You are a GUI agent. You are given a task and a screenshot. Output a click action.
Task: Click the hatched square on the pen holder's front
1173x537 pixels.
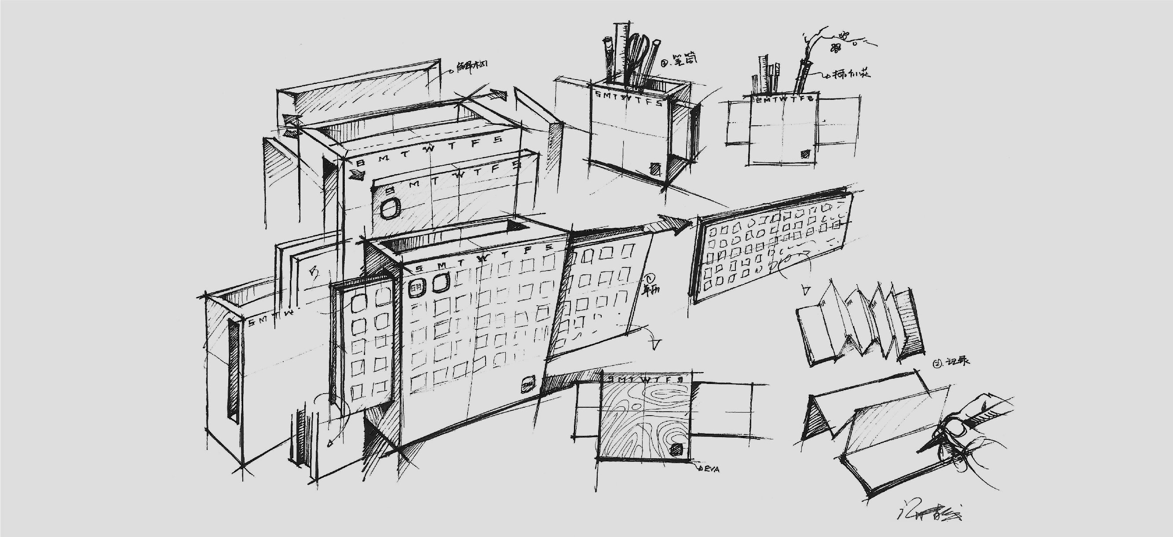point(654,169)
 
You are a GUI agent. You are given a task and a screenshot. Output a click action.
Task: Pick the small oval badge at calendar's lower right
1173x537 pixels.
point(529,384)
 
